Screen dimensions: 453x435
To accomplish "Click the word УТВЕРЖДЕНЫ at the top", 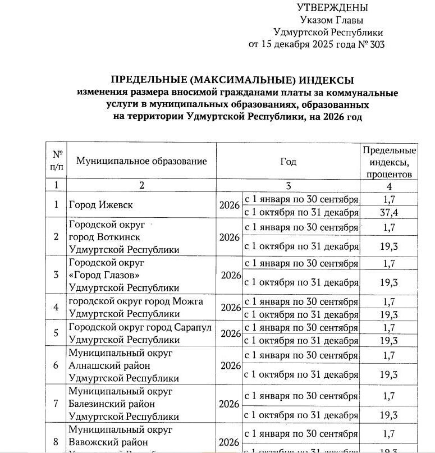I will [332, 8].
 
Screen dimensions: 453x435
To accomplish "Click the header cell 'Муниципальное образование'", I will [141, 162].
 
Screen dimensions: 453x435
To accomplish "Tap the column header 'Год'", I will [288, 162].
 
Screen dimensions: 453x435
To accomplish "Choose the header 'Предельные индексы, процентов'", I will [389, 162].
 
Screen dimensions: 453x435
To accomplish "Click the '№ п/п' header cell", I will [57, 161].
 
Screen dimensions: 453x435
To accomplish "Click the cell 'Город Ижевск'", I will [101, 205].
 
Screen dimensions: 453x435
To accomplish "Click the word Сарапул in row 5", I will [193, 327].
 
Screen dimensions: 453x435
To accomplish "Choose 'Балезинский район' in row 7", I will [112, 404].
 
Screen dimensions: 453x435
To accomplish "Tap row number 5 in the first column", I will [56, 333].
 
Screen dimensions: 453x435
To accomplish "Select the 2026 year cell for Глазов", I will [230, 275].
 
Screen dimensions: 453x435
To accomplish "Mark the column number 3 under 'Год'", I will [288, 186].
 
